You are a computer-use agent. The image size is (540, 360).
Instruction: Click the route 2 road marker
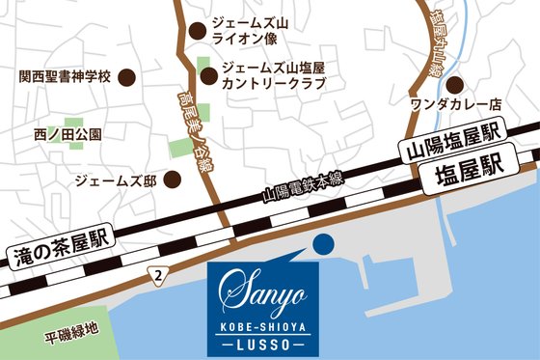pyautogui.click(x=155, y=277)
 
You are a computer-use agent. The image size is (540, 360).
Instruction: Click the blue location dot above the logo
pyautogui.click(x=323, y=243)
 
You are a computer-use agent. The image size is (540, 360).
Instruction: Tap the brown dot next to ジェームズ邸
pyautogui.click(x=173, y=180)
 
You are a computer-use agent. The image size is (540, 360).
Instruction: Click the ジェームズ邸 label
pyautogui.click(x=115, y=180)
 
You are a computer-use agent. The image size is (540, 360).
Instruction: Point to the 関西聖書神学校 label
pyautogui.click(x=67, y=77)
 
